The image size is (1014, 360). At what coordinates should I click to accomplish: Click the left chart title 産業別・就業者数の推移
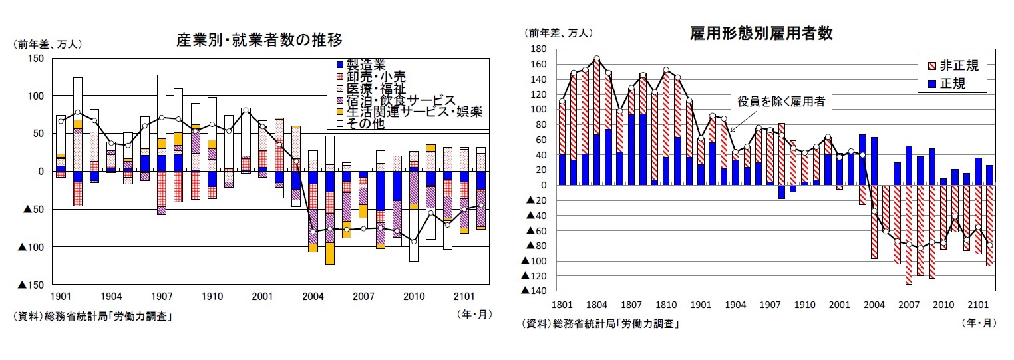click(259, 40)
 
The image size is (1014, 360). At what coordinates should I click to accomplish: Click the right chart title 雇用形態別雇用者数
click(762, 34)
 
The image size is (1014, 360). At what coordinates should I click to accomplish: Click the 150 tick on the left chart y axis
click(35, 59)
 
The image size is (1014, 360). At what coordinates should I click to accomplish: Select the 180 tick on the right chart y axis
click(537, 49)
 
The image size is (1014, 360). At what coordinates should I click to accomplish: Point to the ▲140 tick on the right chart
click(534, 291)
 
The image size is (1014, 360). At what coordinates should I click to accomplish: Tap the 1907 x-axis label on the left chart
click(162, 296)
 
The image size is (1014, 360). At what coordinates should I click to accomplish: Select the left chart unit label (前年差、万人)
click(47, 45)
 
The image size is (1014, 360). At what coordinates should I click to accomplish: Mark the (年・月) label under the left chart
click(474, 314)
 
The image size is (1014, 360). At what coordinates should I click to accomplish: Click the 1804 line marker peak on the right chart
click(596, 59)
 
